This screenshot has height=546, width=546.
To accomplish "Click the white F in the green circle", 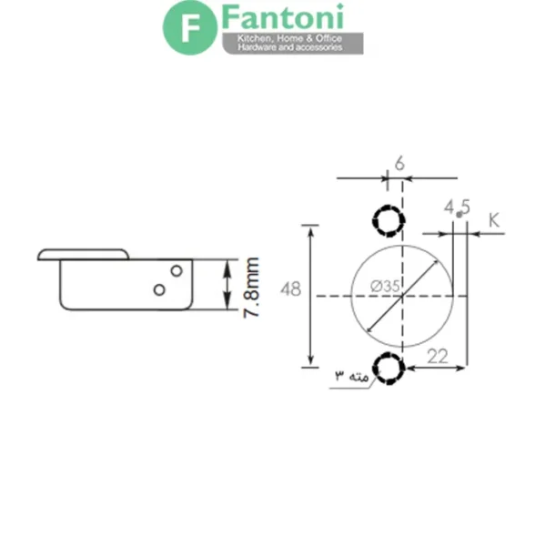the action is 190,28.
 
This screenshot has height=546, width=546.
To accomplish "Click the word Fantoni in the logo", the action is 283,17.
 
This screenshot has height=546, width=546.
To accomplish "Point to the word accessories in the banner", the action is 319,47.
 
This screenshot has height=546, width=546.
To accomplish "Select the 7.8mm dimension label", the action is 251,288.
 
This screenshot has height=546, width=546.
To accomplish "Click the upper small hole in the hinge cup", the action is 177,270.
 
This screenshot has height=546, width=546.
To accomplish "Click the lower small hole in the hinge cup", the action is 159,289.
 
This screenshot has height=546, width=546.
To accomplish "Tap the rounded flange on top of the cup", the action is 83,254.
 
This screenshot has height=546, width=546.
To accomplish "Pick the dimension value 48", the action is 291,289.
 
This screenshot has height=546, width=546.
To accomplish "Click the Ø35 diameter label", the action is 385,287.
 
